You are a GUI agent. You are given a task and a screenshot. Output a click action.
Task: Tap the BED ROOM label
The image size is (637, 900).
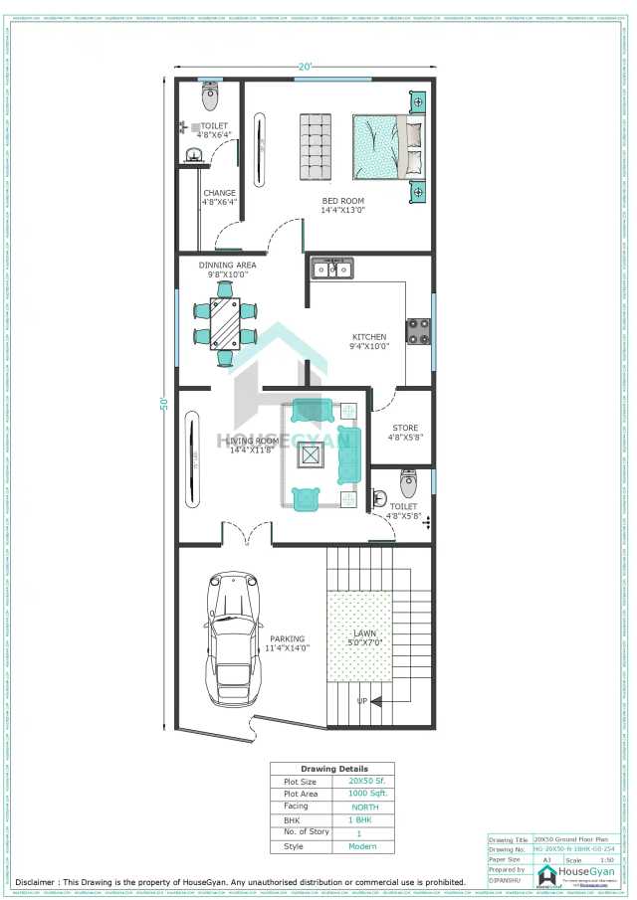click(x=342, y=202)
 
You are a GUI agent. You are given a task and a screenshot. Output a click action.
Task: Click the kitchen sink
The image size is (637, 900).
click(x=331, y=269)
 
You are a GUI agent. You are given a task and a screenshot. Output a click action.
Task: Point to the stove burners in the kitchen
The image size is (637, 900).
click(x=418, y=330)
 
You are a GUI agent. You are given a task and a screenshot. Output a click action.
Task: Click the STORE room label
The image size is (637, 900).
click(x=404, y=429)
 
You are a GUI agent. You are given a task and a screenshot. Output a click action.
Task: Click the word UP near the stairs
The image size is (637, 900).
click(x=361, y=700)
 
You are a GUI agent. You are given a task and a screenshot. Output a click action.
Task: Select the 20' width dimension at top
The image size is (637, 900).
click(x=305, y=67)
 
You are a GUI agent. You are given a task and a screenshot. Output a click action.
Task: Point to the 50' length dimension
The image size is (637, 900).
click(x=163, y=404)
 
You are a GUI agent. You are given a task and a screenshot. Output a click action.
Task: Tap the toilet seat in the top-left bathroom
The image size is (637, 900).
click(x=210, y=96)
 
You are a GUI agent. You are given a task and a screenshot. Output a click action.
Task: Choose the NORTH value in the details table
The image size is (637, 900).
click(x=364, y=807)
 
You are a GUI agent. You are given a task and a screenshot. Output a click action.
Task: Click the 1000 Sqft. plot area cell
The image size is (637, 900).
click(x=364, y=794)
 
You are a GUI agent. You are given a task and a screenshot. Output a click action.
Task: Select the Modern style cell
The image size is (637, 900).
click(x=362, y=846)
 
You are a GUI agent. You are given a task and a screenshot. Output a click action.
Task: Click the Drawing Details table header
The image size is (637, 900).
click(x=333, y=769)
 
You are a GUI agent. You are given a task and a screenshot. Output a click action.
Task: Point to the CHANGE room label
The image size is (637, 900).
click(x=219, y=194)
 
